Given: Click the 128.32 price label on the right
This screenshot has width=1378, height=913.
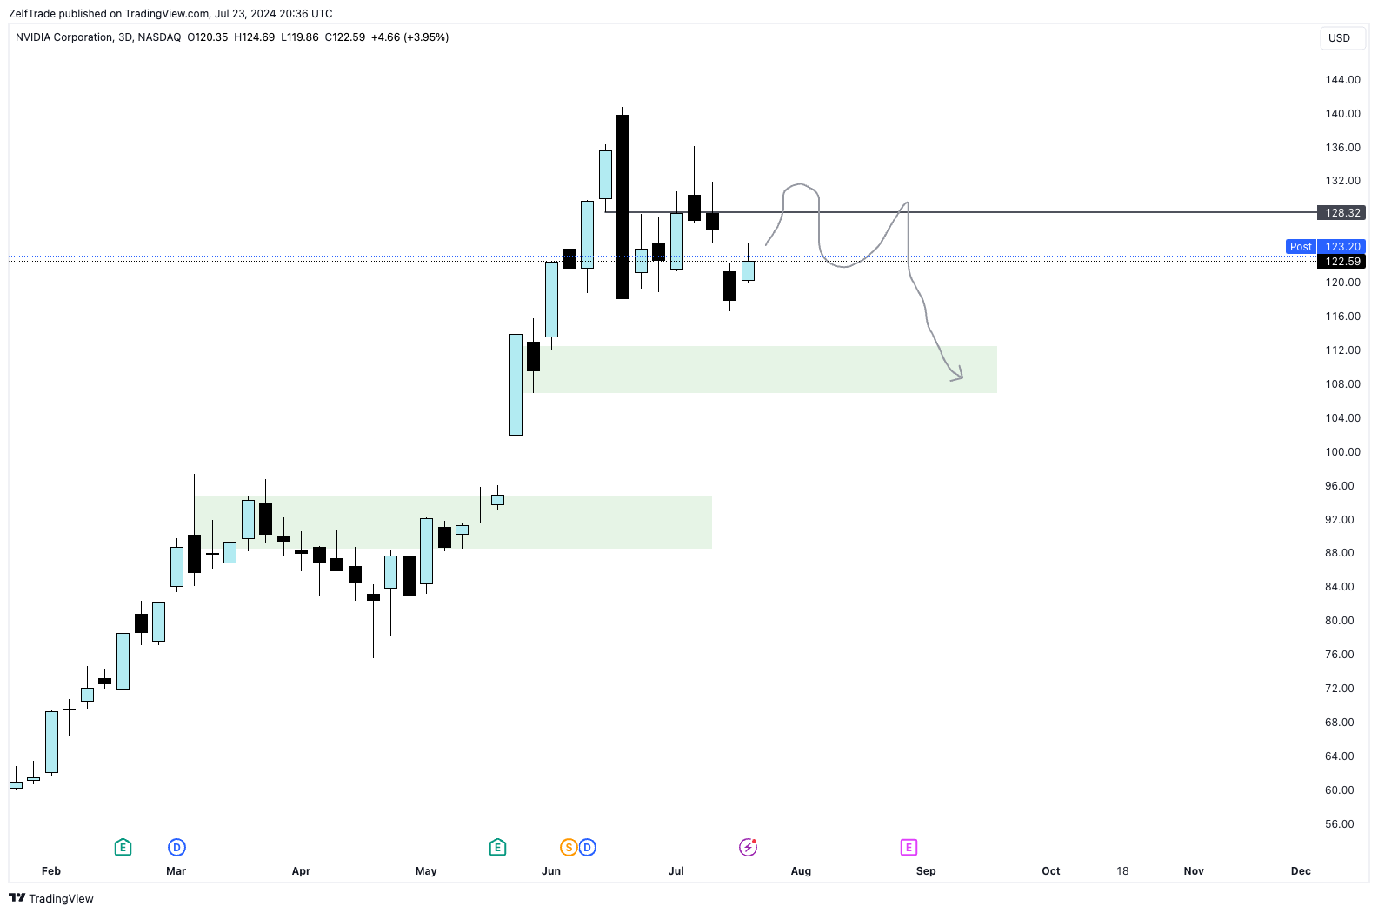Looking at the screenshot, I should coord(1341,213).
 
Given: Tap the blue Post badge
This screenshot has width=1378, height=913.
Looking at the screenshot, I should coord(1301,247).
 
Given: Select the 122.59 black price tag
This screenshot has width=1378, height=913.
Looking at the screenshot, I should coord(1341,262).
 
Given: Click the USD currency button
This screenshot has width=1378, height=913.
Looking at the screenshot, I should coord(1339,38).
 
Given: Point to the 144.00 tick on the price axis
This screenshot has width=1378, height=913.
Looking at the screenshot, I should coord(1342,80).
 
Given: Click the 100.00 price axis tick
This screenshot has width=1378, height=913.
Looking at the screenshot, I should coord(1342,452).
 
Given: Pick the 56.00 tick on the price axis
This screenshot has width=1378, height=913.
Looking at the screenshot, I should coord(1339,824).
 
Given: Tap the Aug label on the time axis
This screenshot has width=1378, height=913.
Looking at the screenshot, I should coord(801,871).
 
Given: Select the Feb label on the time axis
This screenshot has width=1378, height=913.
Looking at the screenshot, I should coord(51,871).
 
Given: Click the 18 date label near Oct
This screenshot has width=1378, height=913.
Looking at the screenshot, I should coord(1122,871).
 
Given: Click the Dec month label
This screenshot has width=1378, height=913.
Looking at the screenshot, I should coord(1301,871).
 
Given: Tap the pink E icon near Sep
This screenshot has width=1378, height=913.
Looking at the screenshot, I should coord(909,848).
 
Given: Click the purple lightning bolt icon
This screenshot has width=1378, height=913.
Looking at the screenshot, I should coord(748,848).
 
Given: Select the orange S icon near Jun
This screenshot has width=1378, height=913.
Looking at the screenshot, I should coord(569,848).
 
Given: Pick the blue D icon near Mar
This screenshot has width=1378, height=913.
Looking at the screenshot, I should coord(176,848).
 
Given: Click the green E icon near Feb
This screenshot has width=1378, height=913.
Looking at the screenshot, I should coord(123,848).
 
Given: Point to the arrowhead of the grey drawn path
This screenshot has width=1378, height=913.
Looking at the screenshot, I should coord(959,377).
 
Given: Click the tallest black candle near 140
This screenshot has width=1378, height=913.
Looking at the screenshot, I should coord(622,207).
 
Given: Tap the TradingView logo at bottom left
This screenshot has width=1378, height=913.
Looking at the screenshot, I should coord(51,898).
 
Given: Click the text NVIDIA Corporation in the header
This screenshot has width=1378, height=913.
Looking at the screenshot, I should coord(64,37).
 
